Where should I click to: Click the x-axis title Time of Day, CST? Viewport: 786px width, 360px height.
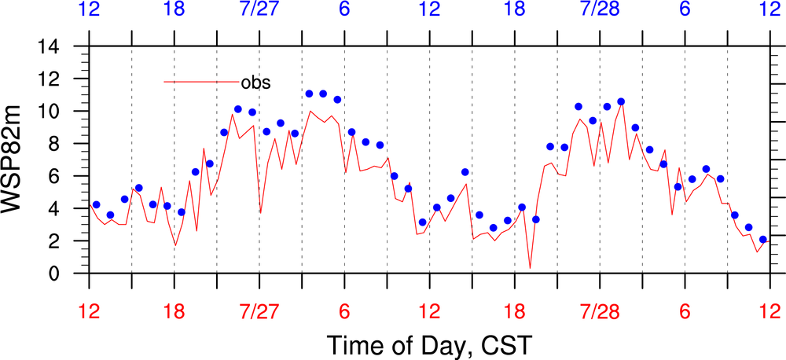click(429, 344)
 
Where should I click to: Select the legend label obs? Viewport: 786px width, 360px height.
click(255, 82)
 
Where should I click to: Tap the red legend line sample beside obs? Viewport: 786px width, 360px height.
click(200, 82)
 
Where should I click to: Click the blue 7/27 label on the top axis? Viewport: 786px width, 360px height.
click(259, 10)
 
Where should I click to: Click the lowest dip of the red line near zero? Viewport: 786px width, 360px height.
click(530, 268)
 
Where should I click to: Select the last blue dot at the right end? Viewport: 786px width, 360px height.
click(763, 239)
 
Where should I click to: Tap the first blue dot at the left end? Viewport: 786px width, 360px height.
click(96, 204)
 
